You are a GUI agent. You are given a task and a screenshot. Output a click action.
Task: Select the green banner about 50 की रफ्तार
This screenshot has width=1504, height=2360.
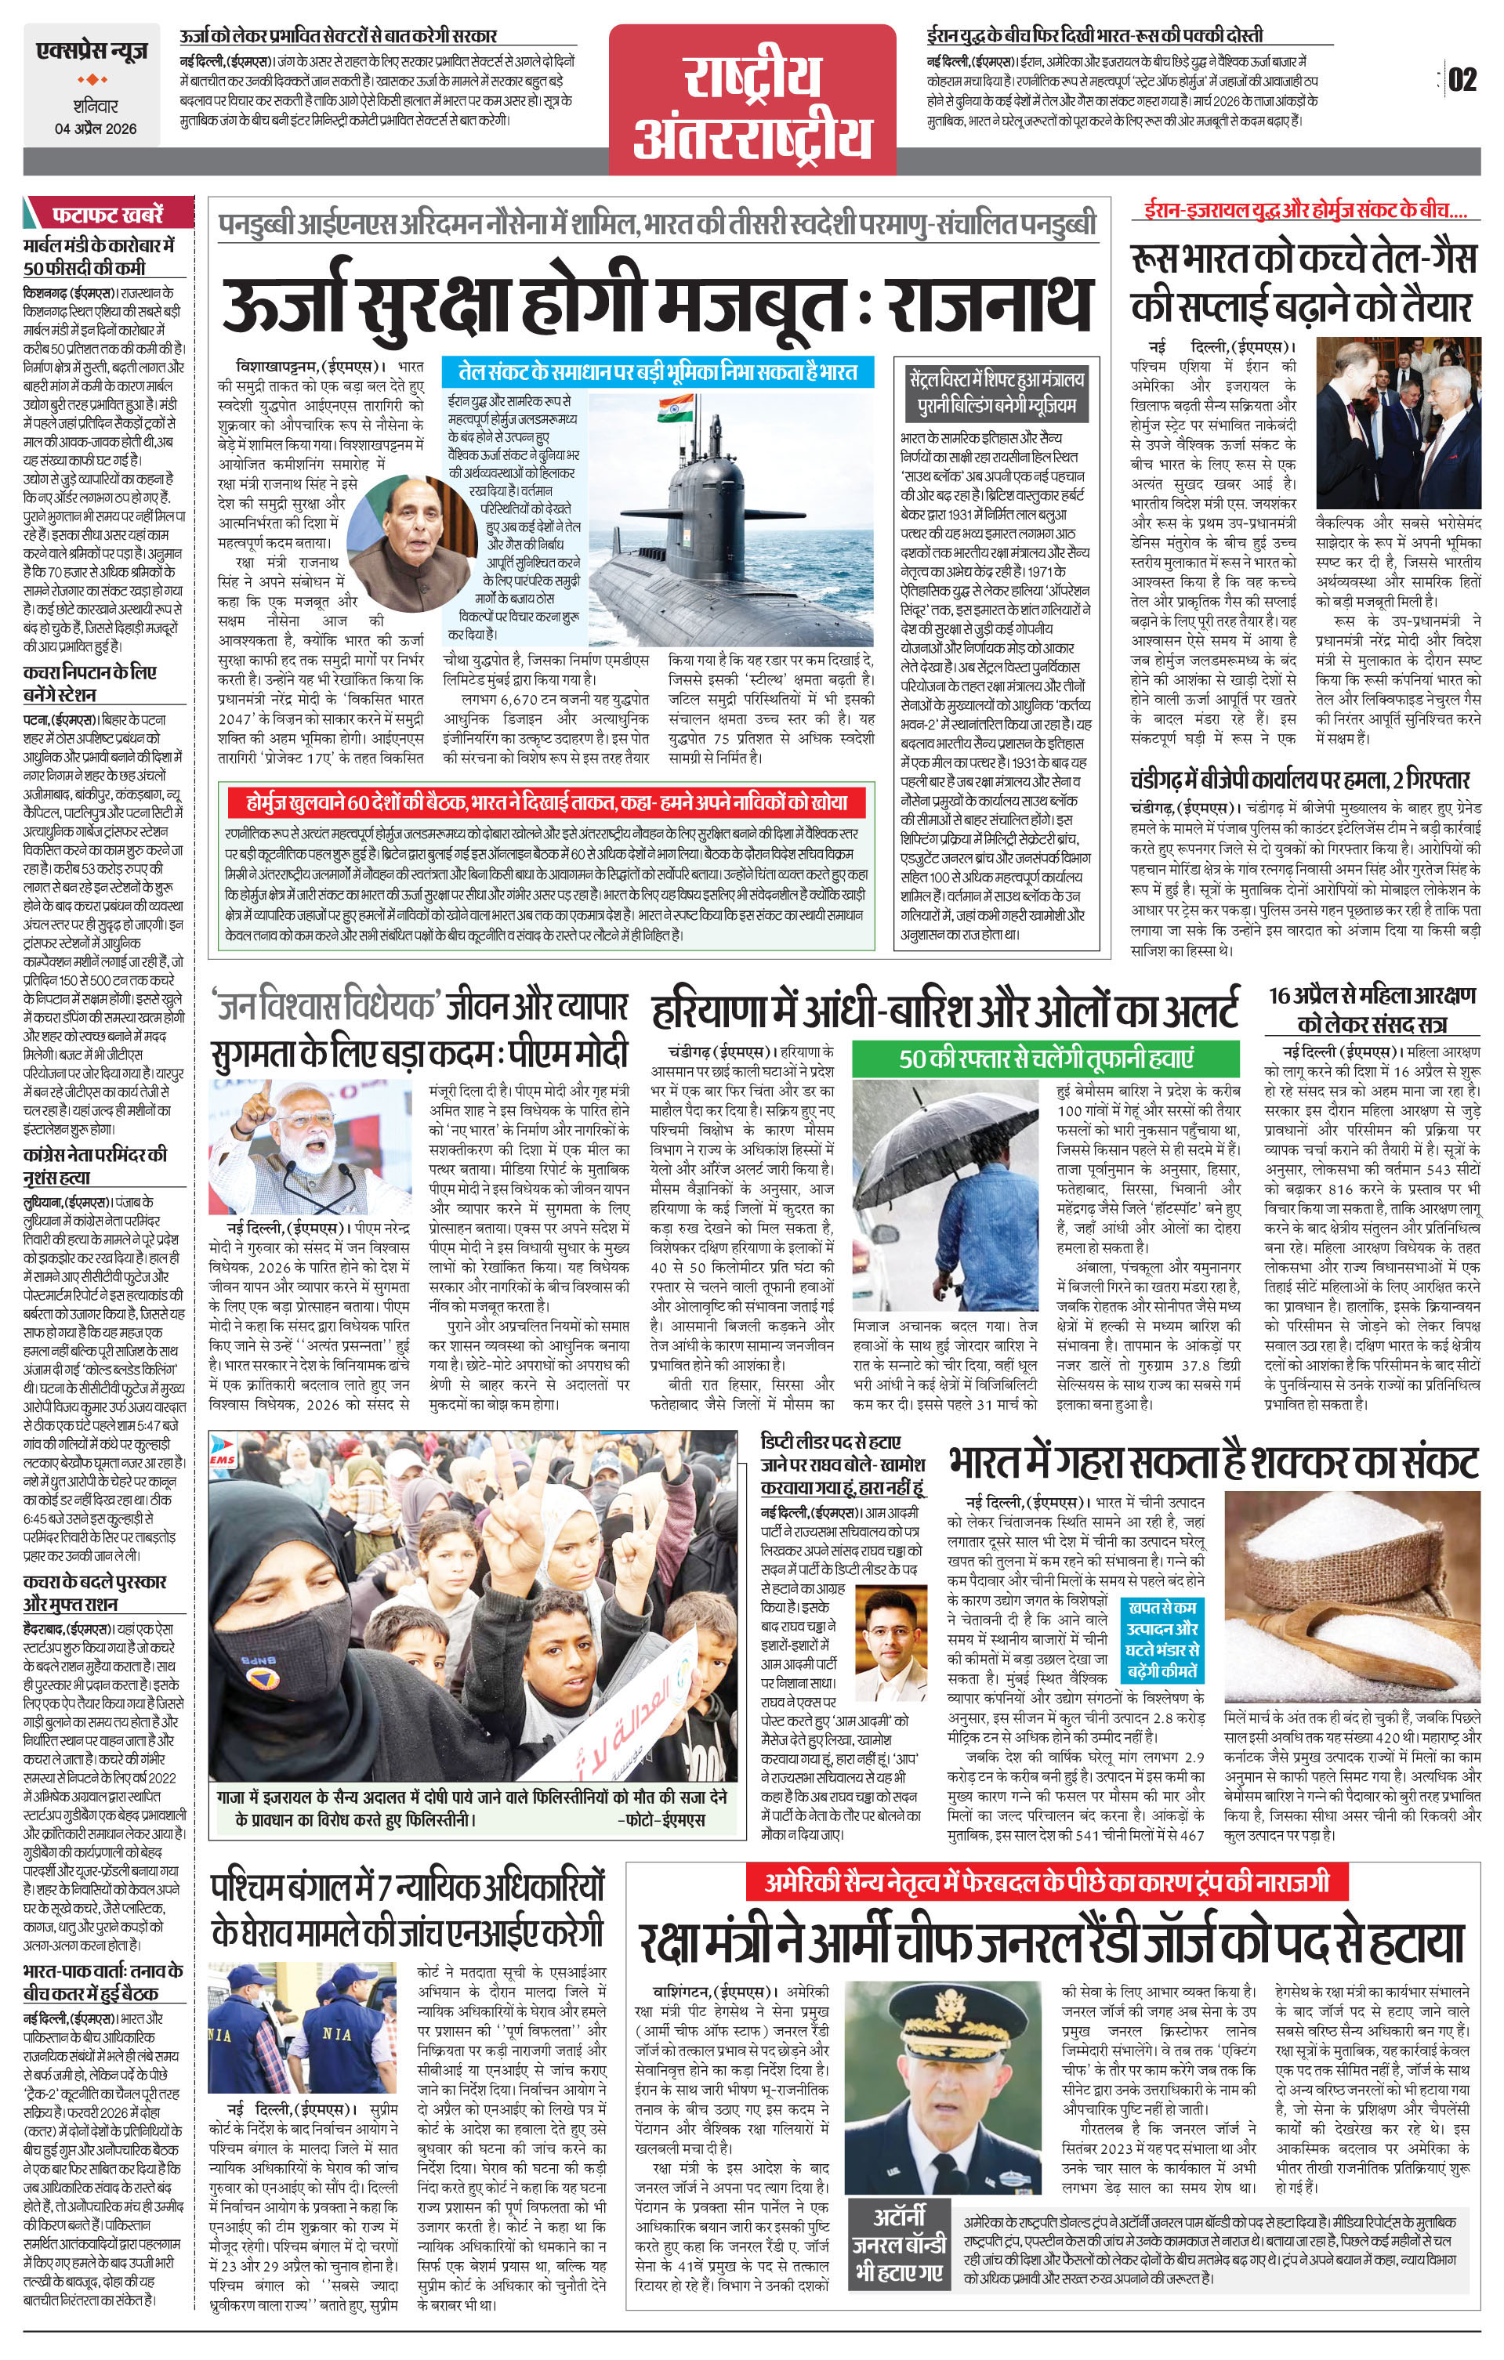[x=1046, y=1059]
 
